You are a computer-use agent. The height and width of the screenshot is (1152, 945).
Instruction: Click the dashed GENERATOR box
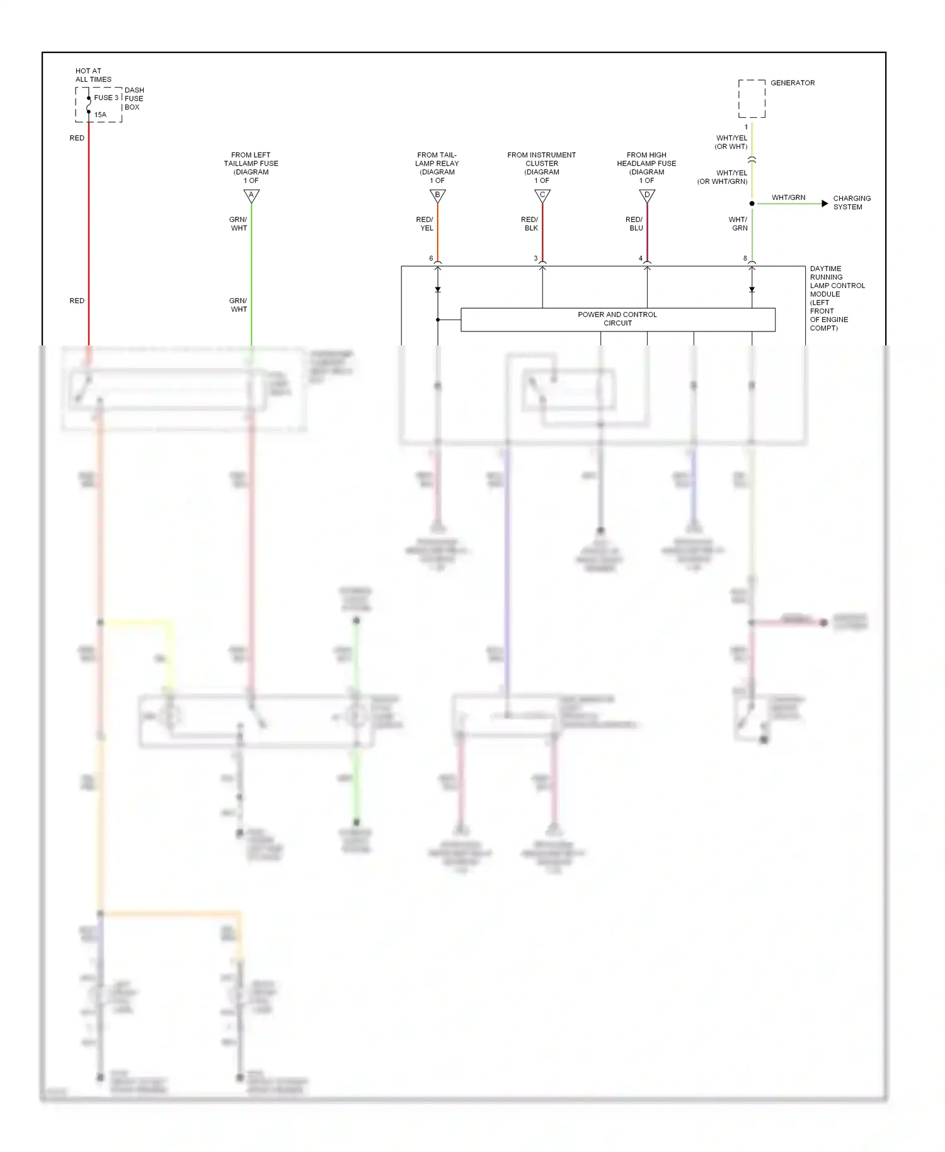752,99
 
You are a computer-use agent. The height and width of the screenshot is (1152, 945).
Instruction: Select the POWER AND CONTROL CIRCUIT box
617,320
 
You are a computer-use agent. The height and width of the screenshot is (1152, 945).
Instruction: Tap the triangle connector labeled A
251,195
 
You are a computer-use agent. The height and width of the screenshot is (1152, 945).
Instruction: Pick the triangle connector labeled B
437,195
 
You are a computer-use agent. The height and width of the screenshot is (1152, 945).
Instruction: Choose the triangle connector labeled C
542,195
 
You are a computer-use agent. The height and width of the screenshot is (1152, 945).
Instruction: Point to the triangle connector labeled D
647,195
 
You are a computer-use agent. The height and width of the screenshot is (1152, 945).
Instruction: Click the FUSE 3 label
106,98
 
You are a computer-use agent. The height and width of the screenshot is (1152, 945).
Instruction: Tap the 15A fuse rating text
100,115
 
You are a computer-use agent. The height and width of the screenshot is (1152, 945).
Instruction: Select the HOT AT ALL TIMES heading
93,76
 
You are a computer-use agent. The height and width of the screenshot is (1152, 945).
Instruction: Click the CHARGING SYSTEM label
852,202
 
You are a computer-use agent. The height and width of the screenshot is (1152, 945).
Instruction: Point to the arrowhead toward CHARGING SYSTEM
825,204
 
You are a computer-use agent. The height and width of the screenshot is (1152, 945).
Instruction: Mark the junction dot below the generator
752,204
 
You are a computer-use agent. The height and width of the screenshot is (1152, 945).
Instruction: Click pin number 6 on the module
431,258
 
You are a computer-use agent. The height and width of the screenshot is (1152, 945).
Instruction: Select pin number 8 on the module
745,258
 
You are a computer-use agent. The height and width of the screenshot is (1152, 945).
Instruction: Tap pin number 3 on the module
536,258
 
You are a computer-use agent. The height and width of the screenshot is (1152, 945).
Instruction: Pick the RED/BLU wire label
634,224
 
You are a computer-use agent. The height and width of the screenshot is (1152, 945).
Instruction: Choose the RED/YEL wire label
425,224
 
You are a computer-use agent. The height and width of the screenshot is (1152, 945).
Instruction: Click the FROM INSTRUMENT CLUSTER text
542,159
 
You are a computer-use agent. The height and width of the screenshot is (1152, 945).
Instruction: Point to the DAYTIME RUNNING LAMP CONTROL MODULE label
837,298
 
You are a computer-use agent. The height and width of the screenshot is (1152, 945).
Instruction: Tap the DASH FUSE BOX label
134,99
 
